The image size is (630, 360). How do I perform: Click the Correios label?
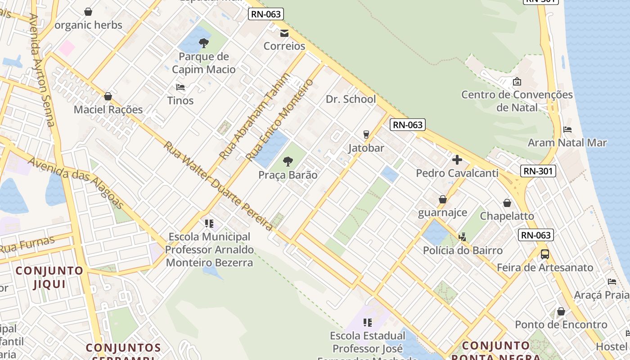coord(284,46)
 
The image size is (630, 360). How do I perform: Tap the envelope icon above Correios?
coord(284,33)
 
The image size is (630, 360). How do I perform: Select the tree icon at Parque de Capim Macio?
coord(204,43)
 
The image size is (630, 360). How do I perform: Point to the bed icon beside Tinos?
coord(180,87)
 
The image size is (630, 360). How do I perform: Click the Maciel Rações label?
coord(108,109)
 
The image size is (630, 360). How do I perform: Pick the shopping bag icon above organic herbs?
coord(88,12)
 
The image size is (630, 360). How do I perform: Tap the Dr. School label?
coord(351,99)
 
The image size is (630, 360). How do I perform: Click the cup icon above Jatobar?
coord(366,134)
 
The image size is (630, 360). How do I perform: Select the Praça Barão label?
coord(288,175)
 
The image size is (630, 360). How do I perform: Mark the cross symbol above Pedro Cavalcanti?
coord(457,160)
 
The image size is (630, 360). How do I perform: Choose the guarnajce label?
coord(442,212)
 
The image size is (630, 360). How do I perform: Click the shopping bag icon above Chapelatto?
coord(507,203)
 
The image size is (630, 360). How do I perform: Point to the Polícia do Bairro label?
coord(463,250)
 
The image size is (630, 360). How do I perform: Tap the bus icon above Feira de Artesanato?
coord(545,254)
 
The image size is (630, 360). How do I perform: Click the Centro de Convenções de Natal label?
coord(517,101)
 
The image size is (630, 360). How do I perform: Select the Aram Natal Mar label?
coord(567,143)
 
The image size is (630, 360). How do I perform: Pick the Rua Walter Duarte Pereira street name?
coord(218,186)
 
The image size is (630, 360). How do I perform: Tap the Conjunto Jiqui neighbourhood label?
coord(49,277)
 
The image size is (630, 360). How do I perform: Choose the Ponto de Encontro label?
coord(561,324)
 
